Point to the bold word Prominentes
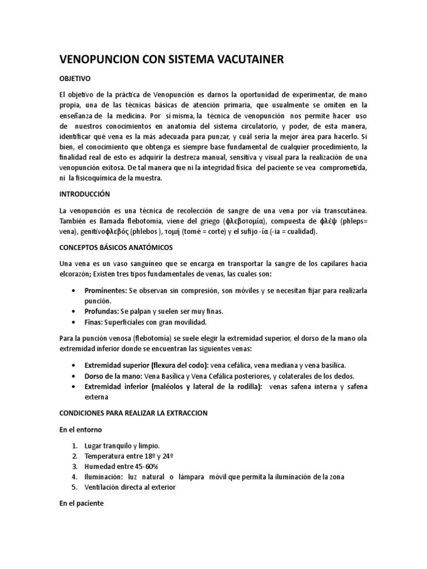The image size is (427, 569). (x=105, y=291)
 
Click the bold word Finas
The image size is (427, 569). (x=93, y=322)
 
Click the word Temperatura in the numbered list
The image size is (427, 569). (x=104, y=456)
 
